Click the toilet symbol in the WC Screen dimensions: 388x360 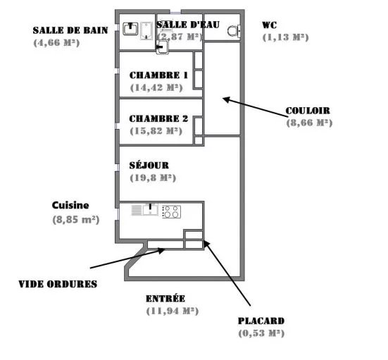pos(233,31)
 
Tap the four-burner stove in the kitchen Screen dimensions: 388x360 pos(171,212)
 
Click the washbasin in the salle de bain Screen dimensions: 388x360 pos(130,29)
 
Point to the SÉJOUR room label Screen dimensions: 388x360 pos(149,166)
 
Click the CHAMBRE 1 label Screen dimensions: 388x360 pos(158,75)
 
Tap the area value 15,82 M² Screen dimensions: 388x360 pos(156,131)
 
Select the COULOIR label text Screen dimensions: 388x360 pos(308,111)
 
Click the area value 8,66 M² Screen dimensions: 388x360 pos(309,123)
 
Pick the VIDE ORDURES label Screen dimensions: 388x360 pos(58,284)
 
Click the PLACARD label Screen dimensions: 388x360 pos(261,321)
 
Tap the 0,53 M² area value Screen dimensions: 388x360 pos(261,333)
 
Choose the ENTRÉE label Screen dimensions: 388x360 pos(165,298)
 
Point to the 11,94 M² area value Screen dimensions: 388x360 pos(173,311)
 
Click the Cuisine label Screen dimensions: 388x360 pos(70,205)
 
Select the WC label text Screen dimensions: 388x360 pos(269,25)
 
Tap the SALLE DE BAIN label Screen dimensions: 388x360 pos(70,30)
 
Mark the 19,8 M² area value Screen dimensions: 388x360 pos(153,178)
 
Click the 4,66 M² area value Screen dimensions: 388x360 pos(56,42)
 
